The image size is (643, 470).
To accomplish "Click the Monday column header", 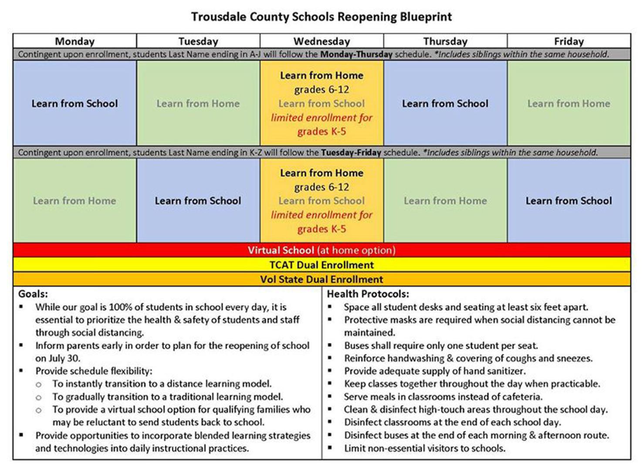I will coord(74,41).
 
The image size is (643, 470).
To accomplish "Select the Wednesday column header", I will coord(321,41).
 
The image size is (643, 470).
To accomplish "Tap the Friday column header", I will coord(569,41).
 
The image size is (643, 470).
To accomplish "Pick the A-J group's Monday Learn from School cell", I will coord(74,103).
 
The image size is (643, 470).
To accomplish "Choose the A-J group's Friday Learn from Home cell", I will coord(569,103).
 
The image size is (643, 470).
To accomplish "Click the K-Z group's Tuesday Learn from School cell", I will coord(198,201).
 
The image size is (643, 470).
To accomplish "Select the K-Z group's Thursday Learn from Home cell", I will coord(445,201).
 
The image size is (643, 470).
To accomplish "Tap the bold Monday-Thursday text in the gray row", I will coord(356,54).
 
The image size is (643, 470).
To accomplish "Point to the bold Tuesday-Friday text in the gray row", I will coord(351,153).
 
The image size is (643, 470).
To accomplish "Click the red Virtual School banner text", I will coord(321,250).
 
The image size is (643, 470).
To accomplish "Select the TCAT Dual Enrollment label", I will coord(321,265).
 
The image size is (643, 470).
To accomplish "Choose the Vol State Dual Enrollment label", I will coord(321,279).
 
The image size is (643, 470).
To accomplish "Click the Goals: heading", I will coord(33,294).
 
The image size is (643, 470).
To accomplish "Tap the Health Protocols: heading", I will coord(368,294).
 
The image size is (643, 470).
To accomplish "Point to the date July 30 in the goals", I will coord(64,358).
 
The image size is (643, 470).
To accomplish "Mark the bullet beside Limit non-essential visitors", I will coord(330,448).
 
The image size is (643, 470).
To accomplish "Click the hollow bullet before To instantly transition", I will coord(39,385).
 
